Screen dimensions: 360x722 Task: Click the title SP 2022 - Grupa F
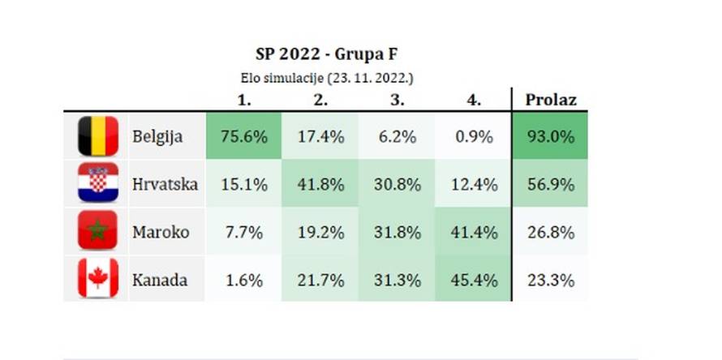tap(327, 55)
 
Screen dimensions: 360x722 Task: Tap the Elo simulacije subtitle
tap(328, 78)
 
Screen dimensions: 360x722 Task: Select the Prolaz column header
tap(551, 100)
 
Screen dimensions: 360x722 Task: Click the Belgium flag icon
tap(97, 136)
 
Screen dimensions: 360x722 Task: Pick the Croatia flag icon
tap(97, 184)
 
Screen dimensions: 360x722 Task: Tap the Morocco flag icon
tap(97, 232)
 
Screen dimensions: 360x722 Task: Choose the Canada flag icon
tap(97, 280)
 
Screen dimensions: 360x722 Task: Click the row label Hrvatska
tap(165, 184)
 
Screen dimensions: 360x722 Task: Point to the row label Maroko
tap(161, 232)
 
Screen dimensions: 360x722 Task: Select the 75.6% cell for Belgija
tap(244, 136)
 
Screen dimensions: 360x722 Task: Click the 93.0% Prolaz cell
tap(551, 136)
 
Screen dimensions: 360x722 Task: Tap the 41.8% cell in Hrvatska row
tap(320, 184)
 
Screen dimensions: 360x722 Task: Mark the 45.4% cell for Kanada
tap(473, 280)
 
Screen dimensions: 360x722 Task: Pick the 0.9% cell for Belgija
tap(473, 136)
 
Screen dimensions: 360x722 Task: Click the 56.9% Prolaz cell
tap(551, 184)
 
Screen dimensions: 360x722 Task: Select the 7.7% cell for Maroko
tap(244, 232)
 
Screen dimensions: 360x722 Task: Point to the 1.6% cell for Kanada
tap(244, 280)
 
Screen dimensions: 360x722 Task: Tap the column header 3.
tap(397, 101)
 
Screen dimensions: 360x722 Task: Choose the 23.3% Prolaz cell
tap(551, 280)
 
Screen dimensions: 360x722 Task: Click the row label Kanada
tap(160, 280)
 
